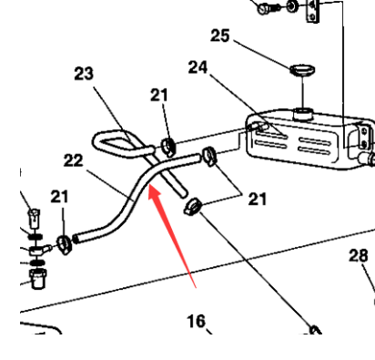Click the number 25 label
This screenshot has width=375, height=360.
pyautogui.click(x=220, y=36)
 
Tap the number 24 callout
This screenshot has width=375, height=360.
pyautogui.click(x=198, y=67)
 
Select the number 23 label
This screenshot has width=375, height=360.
pyautogui.click(x=84, y=74)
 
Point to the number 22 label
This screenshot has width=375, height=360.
pyautogui.click(x=73, y=160)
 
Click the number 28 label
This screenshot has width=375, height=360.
pyautogui.click(x=359, y=255)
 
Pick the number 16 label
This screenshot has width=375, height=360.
pyautogui.click(x=196, y=321)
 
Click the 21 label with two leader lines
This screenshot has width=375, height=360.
pyautogui.click(x=258, y=200)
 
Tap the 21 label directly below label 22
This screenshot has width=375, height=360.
pyautogui.click(x=59, y=197)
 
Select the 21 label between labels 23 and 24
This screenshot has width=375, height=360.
pyautogui.click(x=159, y=95)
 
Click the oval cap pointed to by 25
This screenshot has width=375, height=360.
pyautogui.click(x=302, y=70)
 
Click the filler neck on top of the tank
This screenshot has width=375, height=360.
pyautogui.click(x=302, y=114)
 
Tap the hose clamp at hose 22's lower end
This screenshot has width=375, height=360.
pyautogui.click(x=65, y=244)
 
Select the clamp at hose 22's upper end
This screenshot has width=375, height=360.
pyautogui.click(x=209, y=156)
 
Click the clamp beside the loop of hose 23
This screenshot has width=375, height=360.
pyautogui.click(x=168, y=147)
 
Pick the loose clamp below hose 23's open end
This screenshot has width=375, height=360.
pyautogui.click(x=192, y=207)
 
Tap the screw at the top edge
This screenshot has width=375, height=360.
pyautogui.click(x=269, y=8)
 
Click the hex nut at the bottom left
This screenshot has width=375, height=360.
pyautogui.click(x=37, y=278)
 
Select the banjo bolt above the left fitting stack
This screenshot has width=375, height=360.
pyautogui.click(x=35, y=218)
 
